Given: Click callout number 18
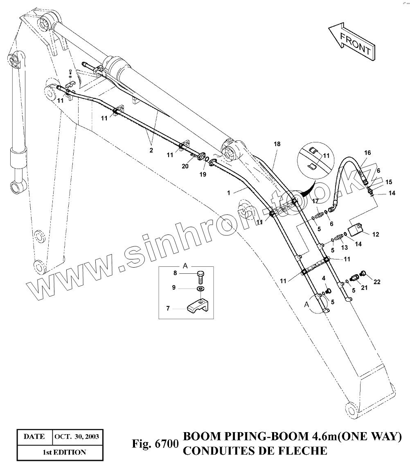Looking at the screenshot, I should [277, 144].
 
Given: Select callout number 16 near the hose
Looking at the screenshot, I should [367, 153].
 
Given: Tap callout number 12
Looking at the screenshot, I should [376, 234].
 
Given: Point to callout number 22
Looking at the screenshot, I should [377, 282].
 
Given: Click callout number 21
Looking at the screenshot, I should [364, 288].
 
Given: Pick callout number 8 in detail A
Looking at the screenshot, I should [175, 273].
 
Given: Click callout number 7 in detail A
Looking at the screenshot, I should [168, 308].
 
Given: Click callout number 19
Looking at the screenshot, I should [203, 174].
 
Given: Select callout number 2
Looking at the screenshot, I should [151, 150].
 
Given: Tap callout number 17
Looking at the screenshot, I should [315, 201].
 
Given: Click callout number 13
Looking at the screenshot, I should [344, 247].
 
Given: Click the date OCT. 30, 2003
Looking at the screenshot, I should [77, 436].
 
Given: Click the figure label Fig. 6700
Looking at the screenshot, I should [154, 444].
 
